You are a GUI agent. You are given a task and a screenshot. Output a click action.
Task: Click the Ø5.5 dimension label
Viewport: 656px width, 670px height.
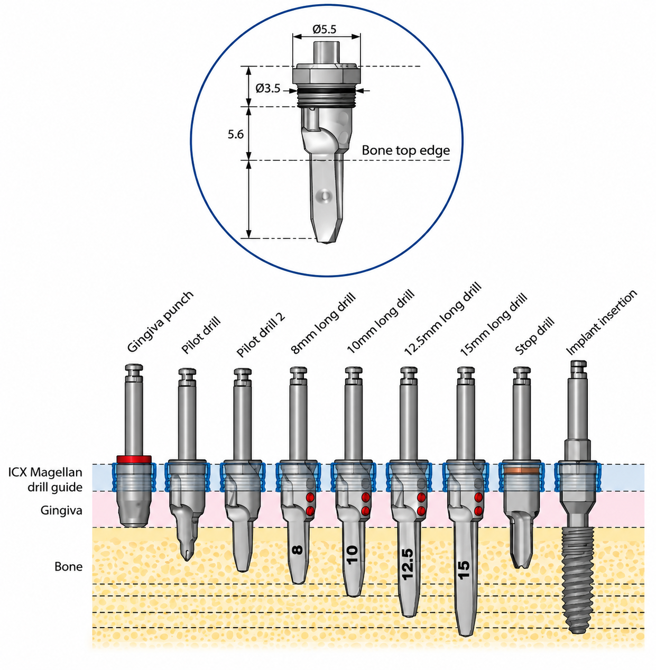pos(324,29)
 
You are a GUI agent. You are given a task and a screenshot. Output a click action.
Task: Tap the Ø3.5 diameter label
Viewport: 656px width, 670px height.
pos(267,88)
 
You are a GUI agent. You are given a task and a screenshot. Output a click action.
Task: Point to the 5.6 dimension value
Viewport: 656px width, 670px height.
pos(236,134)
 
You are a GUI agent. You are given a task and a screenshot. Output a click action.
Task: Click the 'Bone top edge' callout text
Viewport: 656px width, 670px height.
pos(405,151)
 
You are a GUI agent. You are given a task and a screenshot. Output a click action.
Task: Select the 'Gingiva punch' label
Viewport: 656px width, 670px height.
pos(160,322)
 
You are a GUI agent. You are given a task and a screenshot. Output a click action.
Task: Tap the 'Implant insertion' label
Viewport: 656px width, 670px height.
pos(602,323)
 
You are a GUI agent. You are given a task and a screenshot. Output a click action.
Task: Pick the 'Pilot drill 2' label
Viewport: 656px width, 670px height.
pos(261,335)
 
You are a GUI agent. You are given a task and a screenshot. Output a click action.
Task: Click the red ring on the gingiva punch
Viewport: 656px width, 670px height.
pos(134,459)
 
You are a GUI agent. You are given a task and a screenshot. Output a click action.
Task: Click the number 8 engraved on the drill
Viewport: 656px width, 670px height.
pos(298,550)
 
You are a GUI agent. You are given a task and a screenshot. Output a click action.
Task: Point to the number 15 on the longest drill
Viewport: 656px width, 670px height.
pos(464,570)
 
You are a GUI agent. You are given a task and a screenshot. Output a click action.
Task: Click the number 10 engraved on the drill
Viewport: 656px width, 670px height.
pos(353,555)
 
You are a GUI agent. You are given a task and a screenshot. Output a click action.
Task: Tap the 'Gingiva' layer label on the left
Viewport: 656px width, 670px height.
pos(61,510)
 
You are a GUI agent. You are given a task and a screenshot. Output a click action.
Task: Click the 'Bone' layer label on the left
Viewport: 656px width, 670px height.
pos(69,566)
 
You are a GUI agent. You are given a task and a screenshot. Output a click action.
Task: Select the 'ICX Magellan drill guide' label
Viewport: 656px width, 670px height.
pos(45,480)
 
